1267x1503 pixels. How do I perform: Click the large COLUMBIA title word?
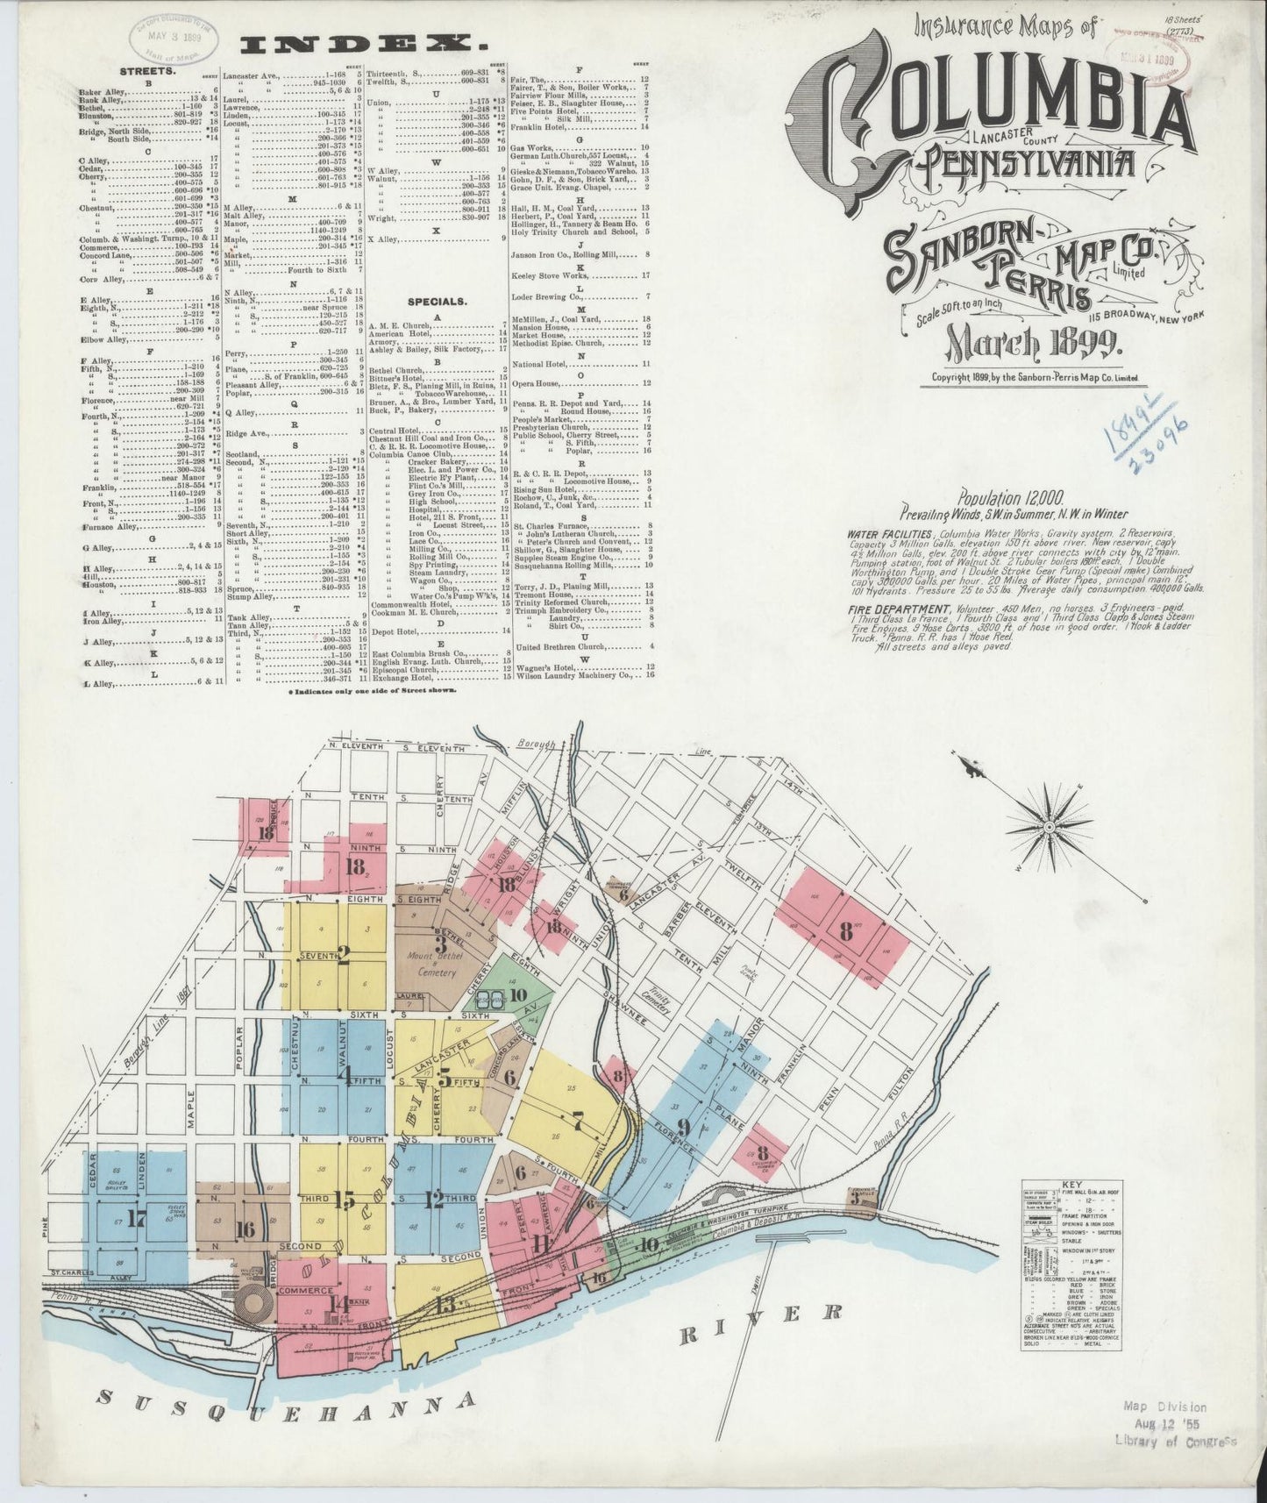click(x=991, y=114)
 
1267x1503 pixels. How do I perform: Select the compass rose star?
click(x=1049, y=827)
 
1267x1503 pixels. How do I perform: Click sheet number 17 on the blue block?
click(x=137, y=1219)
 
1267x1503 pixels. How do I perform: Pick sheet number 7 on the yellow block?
click(x=576, y=1119)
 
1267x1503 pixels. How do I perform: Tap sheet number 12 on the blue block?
click(x=433, y=1199)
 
